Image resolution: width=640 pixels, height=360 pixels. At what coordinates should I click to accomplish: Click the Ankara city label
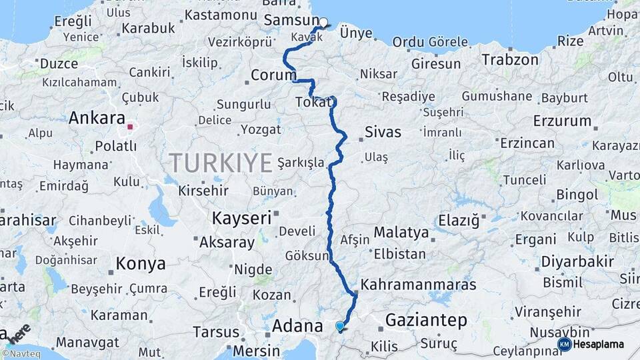coord(97,119)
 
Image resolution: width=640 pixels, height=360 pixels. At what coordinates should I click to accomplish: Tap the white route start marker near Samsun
coord(323,23)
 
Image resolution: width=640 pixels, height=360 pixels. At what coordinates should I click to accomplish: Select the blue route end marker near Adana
coord(340,326)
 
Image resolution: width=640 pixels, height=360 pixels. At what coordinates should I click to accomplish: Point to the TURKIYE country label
coord(221,163)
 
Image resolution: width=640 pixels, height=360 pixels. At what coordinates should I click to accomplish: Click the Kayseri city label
coord(241,218)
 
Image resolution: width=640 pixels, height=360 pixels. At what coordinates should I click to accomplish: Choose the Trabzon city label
coord(510,59)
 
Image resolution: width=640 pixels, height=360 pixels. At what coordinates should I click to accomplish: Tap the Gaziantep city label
coord(426,321)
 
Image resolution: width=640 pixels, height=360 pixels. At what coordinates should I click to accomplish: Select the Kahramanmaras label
coord(418,285)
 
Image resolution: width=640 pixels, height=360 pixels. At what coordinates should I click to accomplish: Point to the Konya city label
coord(141,263)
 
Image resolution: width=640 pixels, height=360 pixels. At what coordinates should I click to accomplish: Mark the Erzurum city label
coord(562,121)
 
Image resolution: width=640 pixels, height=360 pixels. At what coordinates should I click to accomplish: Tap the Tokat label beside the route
coord(313,103)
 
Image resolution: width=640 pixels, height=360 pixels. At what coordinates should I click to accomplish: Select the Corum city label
coord(273,75)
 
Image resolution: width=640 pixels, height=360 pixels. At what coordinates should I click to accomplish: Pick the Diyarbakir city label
coord(577,261)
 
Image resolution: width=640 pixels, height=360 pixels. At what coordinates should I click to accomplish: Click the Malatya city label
coord(401,233)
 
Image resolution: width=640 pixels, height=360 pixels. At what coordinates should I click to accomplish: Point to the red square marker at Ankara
coord(131,125)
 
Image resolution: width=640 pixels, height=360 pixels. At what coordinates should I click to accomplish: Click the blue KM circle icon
coord(564,344)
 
